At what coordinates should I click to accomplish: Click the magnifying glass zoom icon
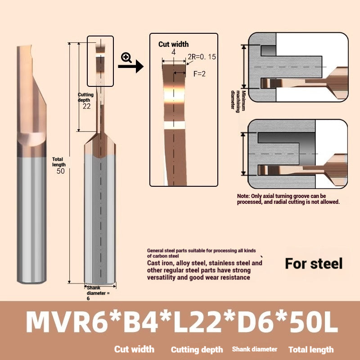pyautogui.click(x=126, y=57)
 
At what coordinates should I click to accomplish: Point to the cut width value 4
pyautogui.click(x=173, y=52)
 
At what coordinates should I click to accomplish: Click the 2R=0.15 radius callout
pyautogui.click(x=201, y=57)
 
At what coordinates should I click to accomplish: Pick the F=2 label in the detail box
pyautogui.click(x=199, y=74)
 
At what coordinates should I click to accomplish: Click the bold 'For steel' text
pyautogui.click(x=314, y=263)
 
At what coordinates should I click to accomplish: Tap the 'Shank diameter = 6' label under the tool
pyautogui.click(x=97, y=292)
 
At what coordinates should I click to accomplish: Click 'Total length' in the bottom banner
pyautogui.click(x=311, y=349)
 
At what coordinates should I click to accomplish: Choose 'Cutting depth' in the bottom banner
pyautogui.click(x=197, y=349)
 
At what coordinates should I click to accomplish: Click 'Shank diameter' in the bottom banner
pyautogui.click(x=255, y=349)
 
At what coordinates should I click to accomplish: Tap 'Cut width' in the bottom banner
pyautogui.click(x=134, y=349)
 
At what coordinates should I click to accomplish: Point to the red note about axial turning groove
pyautogui.click(x=288, y=199)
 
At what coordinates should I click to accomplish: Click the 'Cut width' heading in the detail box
pyautogui.click(x=173, y=44)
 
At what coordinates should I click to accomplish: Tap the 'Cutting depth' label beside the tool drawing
pyautogui.click(x=85, y=97)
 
